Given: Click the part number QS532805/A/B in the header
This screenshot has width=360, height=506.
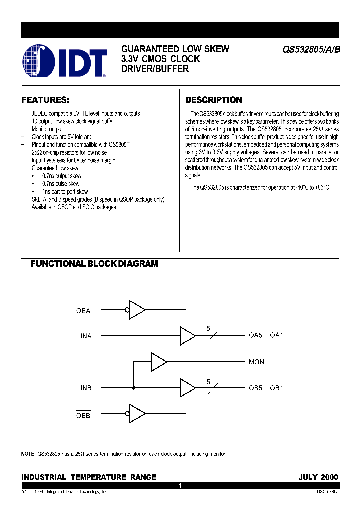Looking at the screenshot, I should click(311, 50).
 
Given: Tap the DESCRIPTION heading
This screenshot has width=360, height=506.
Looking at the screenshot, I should click(213, 100).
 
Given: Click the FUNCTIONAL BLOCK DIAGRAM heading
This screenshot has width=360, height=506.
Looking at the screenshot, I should click(94, 264).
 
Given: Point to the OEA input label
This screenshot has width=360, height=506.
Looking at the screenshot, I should click(83, 311).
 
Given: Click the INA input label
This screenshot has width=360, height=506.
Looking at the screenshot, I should click(86, 336).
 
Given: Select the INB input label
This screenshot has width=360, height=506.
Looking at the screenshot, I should click(86, 388).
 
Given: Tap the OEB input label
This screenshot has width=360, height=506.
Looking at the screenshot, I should click(83, 415).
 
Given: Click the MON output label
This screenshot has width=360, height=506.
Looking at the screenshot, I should click(256, 362).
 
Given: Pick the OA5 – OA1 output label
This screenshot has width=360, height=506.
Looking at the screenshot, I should click(266, 335).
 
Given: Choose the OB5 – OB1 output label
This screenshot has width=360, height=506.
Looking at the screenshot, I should click(266, 388).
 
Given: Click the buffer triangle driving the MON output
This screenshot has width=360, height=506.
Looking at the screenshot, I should click(158, 362).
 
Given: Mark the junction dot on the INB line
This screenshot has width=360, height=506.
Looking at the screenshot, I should click(133, 388).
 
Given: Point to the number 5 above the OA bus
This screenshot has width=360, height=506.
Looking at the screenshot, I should click(208, 328).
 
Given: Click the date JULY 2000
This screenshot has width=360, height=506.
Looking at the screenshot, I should click(318, 477).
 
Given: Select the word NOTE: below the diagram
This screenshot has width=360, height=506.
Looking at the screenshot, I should click(28, 454).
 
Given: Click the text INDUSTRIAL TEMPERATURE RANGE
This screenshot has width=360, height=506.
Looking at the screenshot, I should click(89, 477).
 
